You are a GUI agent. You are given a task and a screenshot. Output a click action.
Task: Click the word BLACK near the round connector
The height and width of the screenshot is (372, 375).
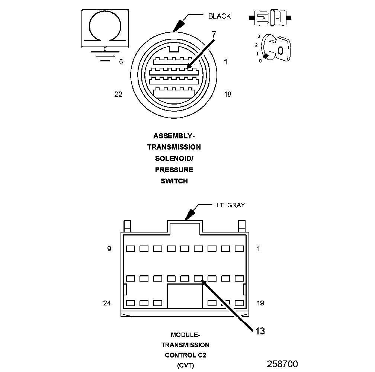(219, 16)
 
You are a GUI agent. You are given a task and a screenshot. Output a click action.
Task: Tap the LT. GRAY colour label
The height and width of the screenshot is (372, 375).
(231, 205)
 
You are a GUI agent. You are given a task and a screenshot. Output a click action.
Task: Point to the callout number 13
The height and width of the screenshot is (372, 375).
(260, 331)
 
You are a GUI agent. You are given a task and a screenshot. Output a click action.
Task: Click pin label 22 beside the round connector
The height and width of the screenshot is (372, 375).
(118, 94)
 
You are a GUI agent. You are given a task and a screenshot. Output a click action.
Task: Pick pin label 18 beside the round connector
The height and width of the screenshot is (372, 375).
(227, 94)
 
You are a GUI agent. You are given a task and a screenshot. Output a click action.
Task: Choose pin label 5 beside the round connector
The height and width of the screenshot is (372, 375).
(121, 62)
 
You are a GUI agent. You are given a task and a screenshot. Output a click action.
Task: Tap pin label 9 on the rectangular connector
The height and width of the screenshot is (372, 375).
(109, 249)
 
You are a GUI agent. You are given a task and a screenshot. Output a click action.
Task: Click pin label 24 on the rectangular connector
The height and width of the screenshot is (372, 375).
(107, 303)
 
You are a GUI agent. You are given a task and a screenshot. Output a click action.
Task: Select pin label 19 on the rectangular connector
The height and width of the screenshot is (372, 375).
(260, 303)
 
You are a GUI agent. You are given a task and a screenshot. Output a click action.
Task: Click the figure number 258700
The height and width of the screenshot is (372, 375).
(282, 363)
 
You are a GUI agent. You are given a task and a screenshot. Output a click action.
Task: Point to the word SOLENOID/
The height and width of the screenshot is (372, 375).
(174, 158)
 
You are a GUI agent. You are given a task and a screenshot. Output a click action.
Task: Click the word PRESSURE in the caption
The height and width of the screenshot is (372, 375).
(174, 170)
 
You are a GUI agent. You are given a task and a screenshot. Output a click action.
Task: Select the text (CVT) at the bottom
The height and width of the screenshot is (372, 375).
(185, 365)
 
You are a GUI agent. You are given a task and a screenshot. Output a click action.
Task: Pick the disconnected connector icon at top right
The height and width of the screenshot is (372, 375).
(270, 17)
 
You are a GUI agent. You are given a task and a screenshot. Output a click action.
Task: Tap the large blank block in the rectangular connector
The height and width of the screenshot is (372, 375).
(185, 296)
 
